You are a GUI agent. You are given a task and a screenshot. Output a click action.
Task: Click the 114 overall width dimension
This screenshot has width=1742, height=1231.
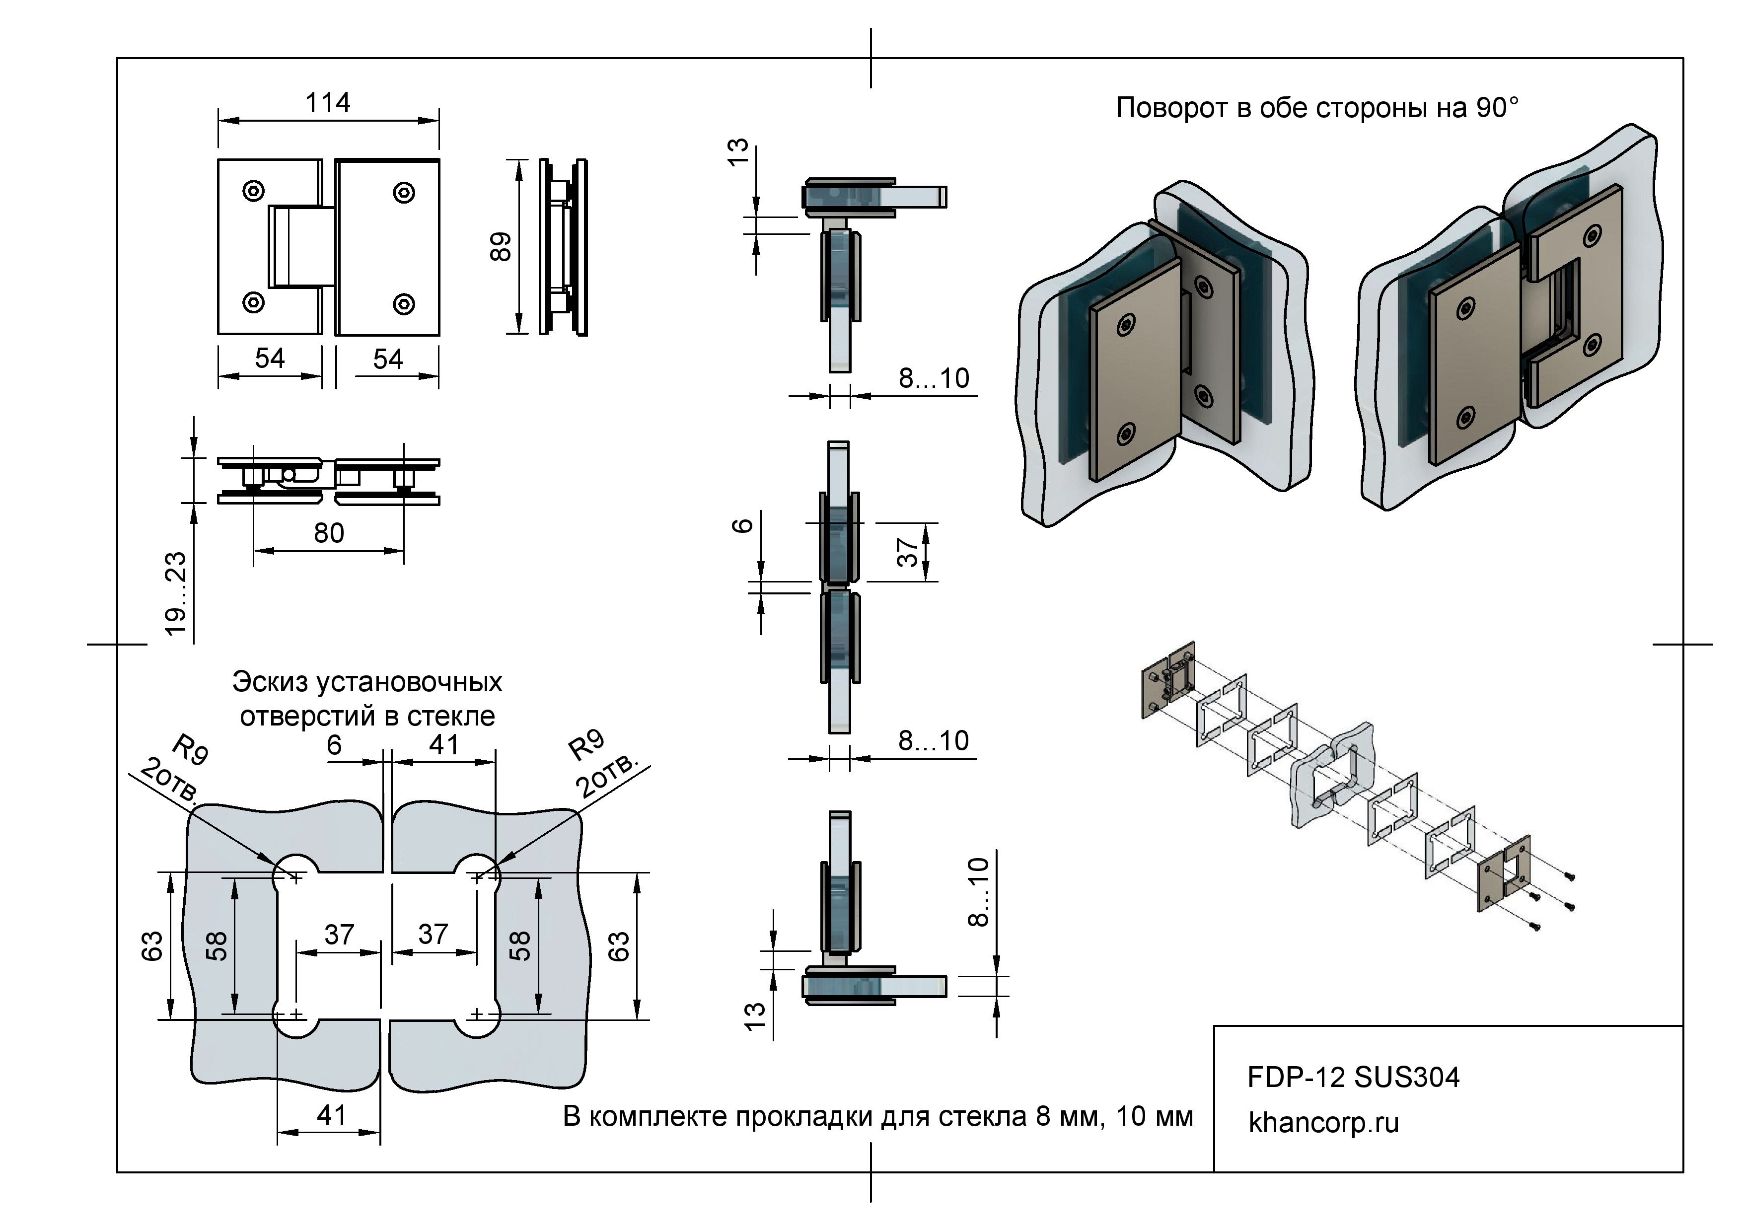point(328,102)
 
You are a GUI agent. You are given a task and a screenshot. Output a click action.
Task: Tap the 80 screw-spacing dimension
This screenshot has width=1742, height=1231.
point(329,533)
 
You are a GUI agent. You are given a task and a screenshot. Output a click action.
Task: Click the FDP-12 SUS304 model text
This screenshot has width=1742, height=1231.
point(1353,1078)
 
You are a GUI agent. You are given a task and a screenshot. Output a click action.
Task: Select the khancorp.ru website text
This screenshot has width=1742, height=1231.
point(1323,1123)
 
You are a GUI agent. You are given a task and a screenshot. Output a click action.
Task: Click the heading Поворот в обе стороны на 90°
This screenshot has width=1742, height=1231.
point(1316,108)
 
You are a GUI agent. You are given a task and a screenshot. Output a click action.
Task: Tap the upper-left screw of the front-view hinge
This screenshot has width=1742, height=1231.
point(253,190)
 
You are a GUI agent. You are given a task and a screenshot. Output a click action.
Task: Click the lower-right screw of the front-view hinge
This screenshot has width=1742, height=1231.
point(404,304)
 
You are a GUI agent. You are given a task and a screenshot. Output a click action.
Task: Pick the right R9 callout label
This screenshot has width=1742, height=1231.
point(586,745)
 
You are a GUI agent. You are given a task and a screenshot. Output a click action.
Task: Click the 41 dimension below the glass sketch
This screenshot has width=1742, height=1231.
point(332,1115)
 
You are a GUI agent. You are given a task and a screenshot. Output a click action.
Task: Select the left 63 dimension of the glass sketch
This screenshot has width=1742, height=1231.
point(152,946)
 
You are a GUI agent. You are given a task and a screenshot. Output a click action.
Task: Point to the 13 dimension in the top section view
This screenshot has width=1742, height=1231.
point(737,151)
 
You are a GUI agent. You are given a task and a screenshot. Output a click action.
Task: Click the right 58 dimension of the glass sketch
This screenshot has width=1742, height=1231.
point(520,946)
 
